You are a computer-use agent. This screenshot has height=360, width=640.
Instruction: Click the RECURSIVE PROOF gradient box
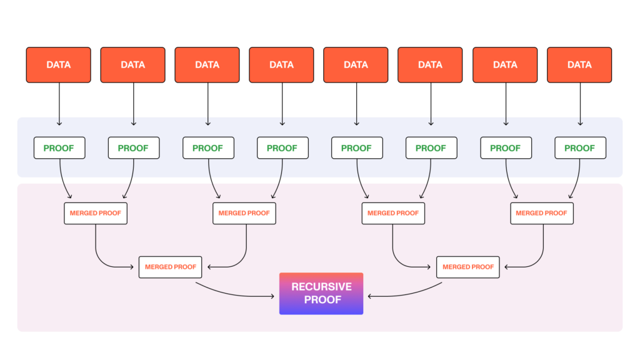click(321, 293)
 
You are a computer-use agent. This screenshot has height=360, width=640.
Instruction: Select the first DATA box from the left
click(58, 64)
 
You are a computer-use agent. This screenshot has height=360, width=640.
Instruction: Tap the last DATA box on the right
click(579, 64)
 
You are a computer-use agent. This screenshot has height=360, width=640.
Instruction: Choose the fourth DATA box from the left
click(281, 64)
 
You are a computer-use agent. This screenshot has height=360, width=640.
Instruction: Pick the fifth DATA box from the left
click(356, 64)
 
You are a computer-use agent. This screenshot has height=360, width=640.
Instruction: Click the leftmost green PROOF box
click(59, 148)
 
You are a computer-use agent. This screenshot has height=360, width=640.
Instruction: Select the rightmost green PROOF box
click(579, 148)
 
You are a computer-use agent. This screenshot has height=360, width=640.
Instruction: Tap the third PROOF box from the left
click(207, 148)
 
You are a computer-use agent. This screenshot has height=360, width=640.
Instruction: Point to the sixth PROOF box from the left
click(431, 148)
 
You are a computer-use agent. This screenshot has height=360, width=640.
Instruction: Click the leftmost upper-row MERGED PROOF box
click(96, 213)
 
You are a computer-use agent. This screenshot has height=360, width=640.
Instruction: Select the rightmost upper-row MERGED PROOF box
click(541, 213)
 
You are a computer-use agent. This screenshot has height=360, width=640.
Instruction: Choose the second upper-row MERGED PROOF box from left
click(244, 213)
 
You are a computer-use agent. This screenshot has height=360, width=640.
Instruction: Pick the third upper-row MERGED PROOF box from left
click(392, 213)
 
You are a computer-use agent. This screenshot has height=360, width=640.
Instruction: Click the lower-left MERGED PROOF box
click(170, 267)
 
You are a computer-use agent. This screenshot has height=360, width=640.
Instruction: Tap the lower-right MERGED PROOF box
click(467, 267)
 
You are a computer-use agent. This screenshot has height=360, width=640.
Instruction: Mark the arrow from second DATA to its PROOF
click(133, 103)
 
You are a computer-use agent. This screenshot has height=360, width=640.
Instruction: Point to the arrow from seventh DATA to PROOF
click(505, 103)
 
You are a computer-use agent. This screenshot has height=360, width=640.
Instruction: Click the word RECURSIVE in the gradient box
click(321, 287)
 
